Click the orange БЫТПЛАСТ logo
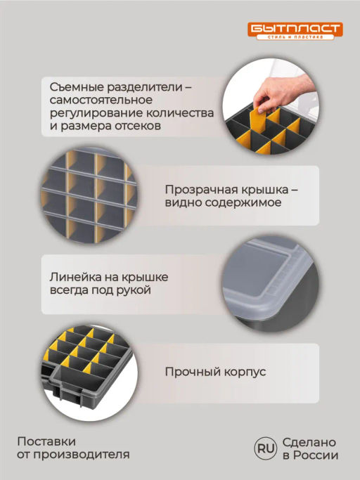[295, 31]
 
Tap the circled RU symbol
[266, 448]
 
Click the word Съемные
[77, 87]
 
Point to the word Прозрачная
[200, 190]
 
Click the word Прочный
[193, 372]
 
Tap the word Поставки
[46, 441]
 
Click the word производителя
[81, 455]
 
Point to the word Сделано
[309, 442]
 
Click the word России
[316, 455]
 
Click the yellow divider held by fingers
[257, 122]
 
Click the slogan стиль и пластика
[295, 37]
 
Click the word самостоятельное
[101, 100]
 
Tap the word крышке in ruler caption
[145, 278]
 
